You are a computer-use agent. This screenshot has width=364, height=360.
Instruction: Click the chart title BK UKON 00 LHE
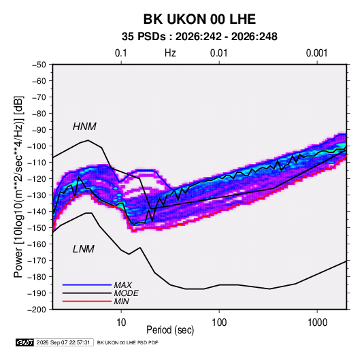pyautogui.click(x=199, y=19)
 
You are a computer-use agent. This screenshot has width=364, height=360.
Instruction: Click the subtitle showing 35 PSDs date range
pyautogui.click(x=199, y=37)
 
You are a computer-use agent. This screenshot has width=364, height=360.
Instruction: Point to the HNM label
pyautogui.click(x=84, y=127)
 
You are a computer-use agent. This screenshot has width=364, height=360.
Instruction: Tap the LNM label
pyautogui.click(x=84, y=249)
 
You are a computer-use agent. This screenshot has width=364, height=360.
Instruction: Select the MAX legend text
pyautogui.click(x=123, y=285)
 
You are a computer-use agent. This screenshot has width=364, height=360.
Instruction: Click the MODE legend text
pyautogui.click(x=127, y=293)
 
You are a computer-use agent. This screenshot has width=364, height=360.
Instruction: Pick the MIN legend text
pyautogui.click(x=121, y=301)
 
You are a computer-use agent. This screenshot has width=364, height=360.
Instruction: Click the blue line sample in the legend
pyautogui.click(x=87, y=284)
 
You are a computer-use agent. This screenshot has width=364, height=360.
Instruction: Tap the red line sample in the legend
pyautogui.click(x=87, y=301)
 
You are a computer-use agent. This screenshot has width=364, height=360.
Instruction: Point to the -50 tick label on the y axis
pyautogui.click(x=39, y=65)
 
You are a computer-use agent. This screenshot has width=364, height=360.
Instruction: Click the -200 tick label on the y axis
pyautogui.click(x=37, y=310)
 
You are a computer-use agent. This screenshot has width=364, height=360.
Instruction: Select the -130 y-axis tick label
pyautogui.click(x=37, y=195)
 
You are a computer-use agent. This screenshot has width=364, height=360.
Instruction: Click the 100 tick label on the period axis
pyautogui.click(x=219, y=323)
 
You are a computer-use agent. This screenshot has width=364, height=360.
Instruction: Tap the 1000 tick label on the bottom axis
pyautogui.click(x=317, y=323)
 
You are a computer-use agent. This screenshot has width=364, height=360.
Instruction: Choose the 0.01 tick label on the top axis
pyautogui.click(x=218, y=53)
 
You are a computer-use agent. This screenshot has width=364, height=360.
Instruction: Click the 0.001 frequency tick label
pyautogui.click(x=316, y=53)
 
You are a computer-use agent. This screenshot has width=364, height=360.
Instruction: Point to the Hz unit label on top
pyautogui.click(x=170, y=53)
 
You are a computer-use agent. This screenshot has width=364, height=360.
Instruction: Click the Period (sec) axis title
pyautogui.click(x=170, y=330)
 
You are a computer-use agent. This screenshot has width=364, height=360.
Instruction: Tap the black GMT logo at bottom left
pyautogui.click(x=25, y=342)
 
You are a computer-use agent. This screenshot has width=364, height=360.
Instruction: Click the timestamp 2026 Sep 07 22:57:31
pyautogui.click(x=63, y=342)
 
